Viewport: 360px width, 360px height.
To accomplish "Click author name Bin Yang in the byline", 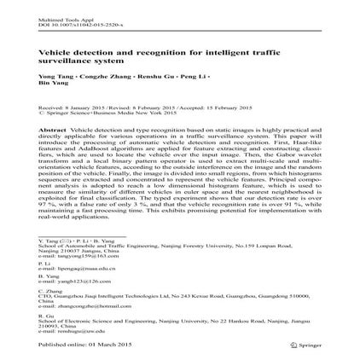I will [x=50, y=82].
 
